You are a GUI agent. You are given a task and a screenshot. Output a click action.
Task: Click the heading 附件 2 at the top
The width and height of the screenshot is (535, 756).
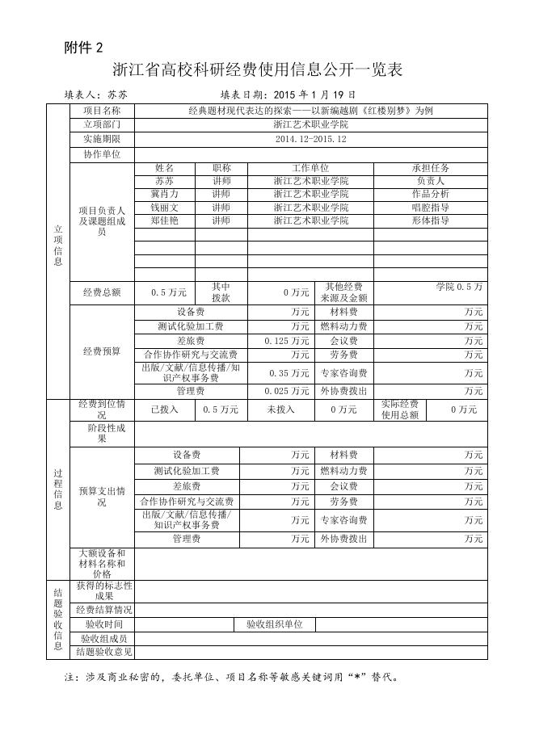(x=84, y=48)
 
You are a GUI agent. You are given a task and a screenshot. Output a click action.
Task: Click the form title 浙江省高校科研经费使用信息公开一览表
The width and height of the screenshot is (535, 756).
(x=257, y=70)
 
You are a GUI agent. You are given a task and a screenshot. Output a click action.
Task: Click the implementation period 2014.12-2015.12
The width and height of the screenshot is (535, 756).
(x=310, y=139)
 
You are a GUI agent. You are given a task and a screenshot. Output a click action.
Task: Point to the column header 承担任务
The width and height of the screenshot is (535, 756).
(x=430, y=168)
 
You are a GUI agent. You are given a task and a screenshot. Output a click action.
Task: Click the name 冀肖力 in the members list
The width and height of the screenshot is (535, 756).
(x=164, y=195)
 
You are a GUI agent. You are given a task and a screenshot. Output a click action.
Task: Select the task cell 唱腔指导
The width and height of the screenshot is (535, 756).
(x=430, y=208)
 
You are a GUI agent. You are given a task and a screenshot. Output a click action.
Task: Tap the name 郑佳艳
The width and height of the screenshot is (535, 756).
(x=164, y=220)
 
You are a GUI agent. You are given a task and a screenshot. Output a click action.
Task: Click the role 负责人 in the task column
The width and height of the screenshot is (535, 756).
(x=430, y=182)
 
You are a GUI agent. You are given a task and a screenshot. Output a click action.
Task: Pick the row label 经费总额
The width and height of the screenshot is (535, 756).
(x=102, y=292)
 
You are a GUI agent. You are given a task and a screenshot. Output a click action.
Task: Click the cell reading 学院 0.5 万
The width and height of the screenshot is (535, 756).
(x=459, y=287)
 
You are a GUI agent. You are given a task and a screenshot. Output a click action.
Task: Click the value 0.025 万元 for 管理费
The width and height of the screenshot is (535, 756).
(x=286, y=391)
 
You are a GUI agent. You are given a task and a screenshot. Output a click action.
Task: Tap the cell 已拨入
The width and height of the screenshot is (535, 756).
(x=164, y=409)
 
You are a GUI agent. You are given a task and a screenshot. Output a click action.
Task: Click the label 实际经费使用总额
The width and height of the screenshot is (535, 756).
(x=399, y=409)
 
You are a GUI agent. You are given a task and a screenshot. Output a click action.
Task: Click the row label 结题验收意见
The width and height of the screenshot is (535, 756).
(x=103, y=651)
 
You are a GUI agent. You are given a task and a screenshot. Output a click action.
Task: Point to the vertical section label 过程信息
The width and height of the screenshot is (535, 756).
(x=57, y=489)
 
